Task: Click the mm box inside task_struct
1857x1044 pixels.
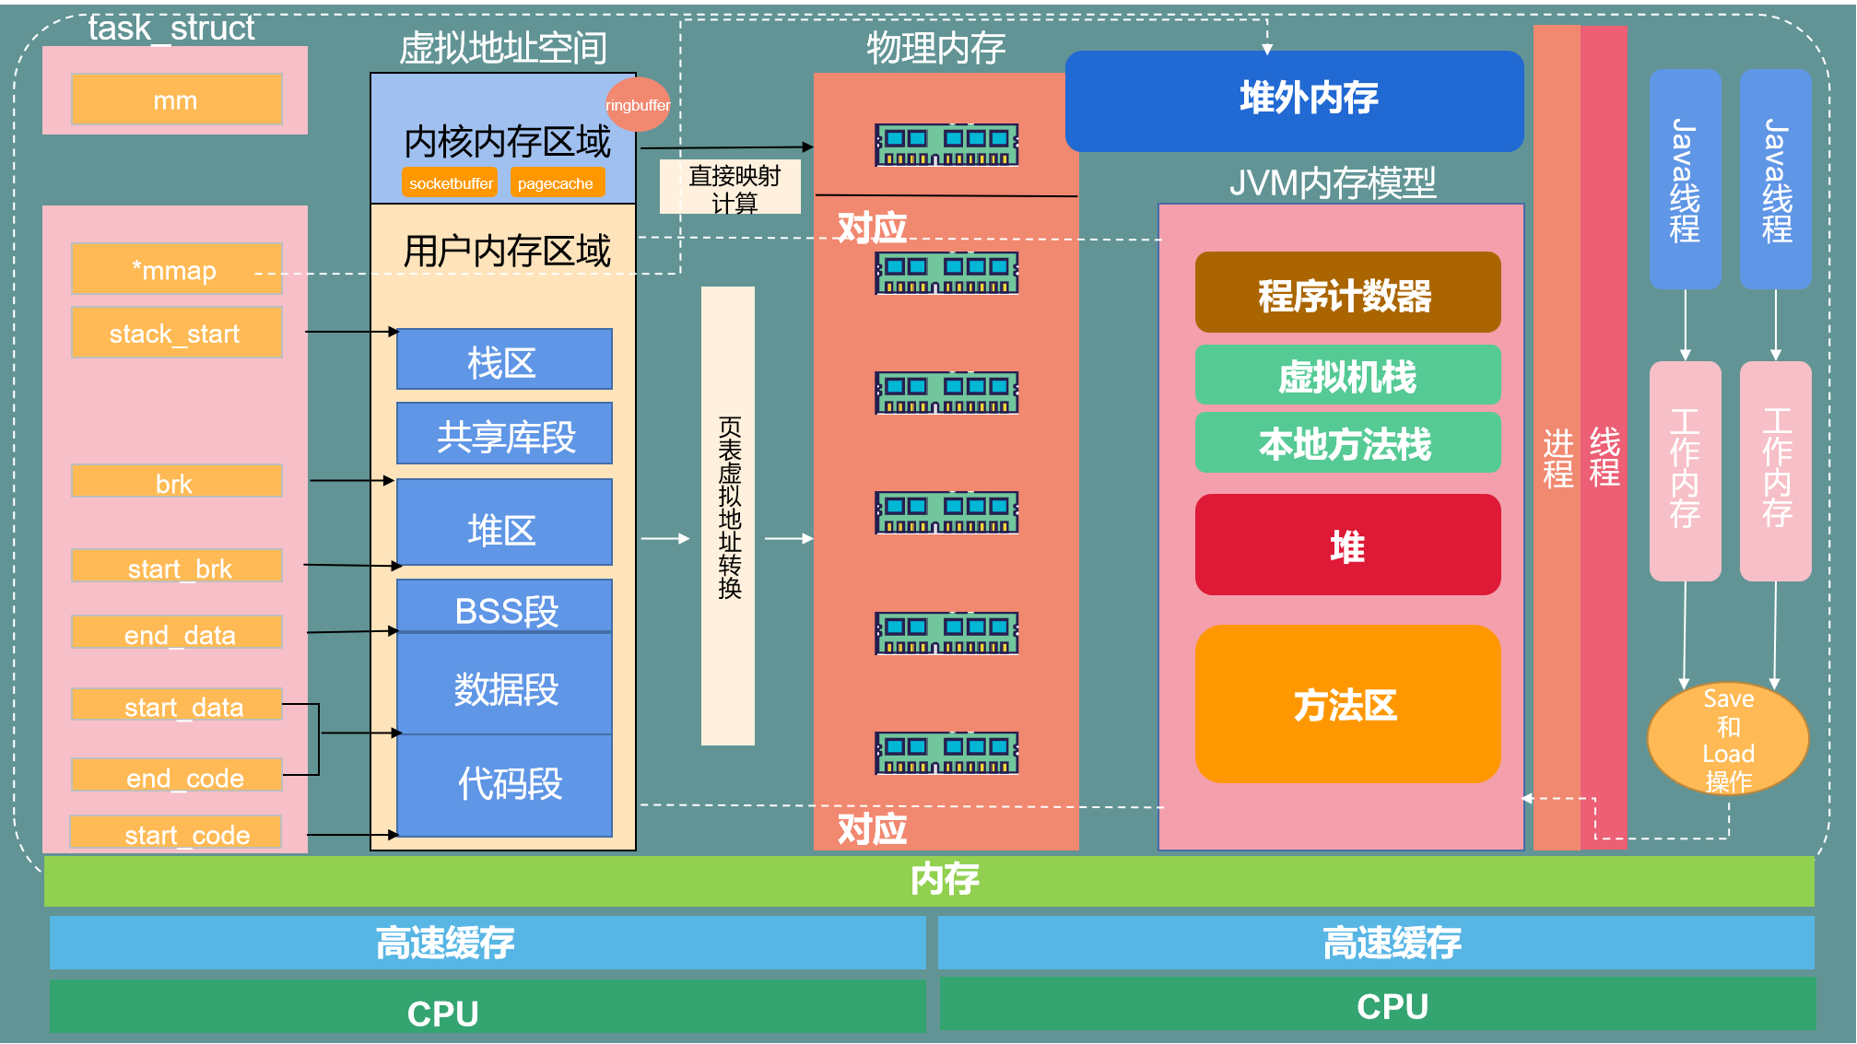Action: pyautogui.click(x=176, y=100)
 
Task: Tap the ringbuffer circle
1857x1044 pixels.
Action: pyautogui.click(x=638, y=104)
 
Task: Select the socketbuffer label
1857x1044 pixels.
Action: pyautogui.click(x=450, y=182)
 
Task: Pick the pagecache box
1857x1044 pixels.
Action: pyautogui.click(x=557, y=182)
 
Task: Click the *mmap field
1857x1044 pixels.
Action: pyautogui.click(x=176, y=269)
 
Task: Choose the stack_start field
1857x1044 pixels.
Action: pyautogui.click(x=176, y=333)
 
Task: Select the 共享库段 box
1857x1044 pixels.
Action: pyautogui.click(x=504, y=434)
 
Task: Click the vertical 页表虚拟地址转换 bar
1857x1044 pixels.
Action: pyautogui.click(x=728, y=516)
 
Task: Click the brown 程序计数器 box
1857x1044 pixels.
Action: pyautogui.click(x=1347, y=293)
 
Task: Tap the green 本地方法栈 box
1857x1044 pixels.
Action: pyautogui.click(x=1347, y=443)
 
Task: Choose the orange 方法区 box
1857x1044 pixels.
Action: pyautogui.click(x=1347, y=704)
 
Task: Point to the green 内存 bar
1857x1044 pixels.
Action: pyautogui.click(x=929, y=880)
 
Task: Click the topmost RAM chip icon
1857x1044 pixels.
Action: pyautogui.click(x=946, y=146)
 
